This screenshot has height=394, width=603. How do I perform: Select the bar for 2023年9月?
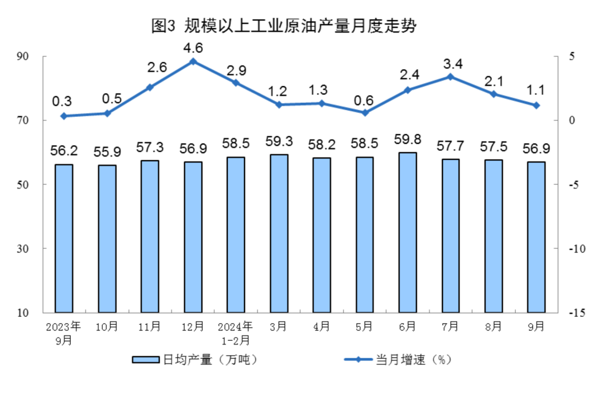click(x=64, y=238)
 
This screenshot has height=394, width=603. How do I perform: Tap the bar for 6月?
click(x=408, y=232)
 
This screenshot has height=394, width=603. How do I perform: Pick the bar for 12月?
click(x=193, y=236)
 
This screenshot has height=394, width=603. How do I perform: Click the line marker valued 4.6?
click(x=193, y=61)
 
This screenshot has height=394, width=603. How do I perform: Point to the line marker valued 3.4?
click(x=450, y=77)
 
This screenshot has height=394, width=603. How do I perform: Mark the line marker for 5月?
click(x=365, y=113)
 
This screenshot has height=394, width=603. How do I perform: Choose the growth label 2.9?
click(x=236, y=71)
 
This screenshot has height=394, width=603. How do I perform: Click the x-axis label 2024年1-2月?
click(x=236, y=332)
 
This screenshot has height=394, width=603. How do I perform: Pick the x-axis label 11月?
click(x=150, y=326)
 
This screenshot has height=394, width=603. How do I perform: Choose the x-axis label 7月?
click(x=450, y=326)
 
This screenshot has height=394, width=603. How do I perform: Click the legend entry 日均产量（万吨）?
click(x=195, y=360)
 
